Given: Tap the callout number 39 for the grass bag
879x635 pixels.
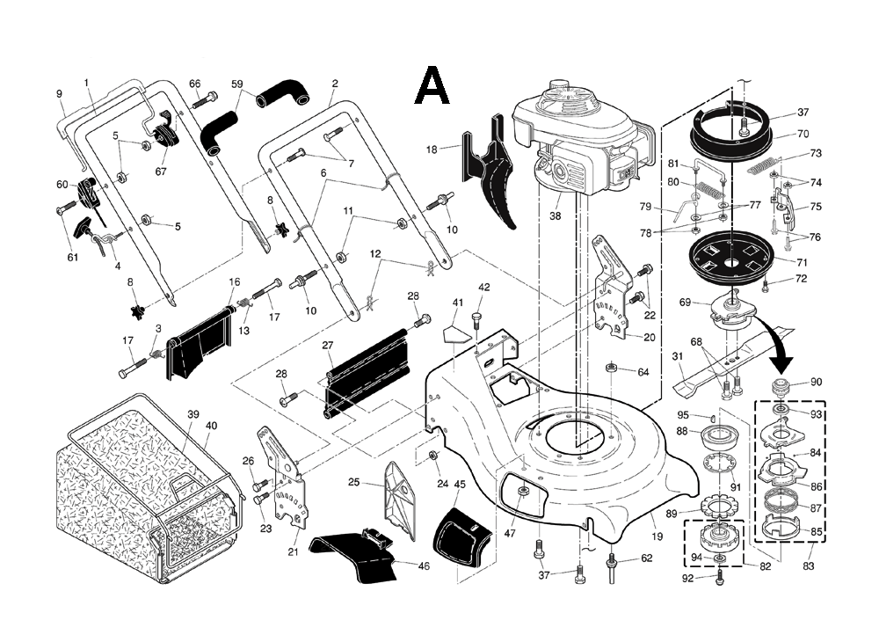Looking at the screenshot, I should [193, 413].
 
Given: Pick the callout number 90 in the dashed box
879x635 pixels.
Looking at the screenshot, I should [816, 383].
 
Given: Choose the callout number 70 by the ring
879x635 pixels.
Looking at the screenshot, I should [803, 135].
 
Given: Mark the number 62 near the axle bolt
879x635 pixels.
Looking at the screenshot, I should [646, 558].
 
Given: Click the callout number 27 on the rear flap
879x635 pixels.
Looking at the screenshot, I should [328, 346].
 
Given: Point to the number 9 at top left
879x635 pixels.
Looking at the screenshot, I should [60, 94].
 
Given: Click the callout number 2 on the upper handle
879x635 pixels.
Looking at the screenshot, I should [335, 84].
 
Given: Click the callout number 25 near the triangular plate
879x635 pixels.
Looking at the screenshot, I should [354, 482].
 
